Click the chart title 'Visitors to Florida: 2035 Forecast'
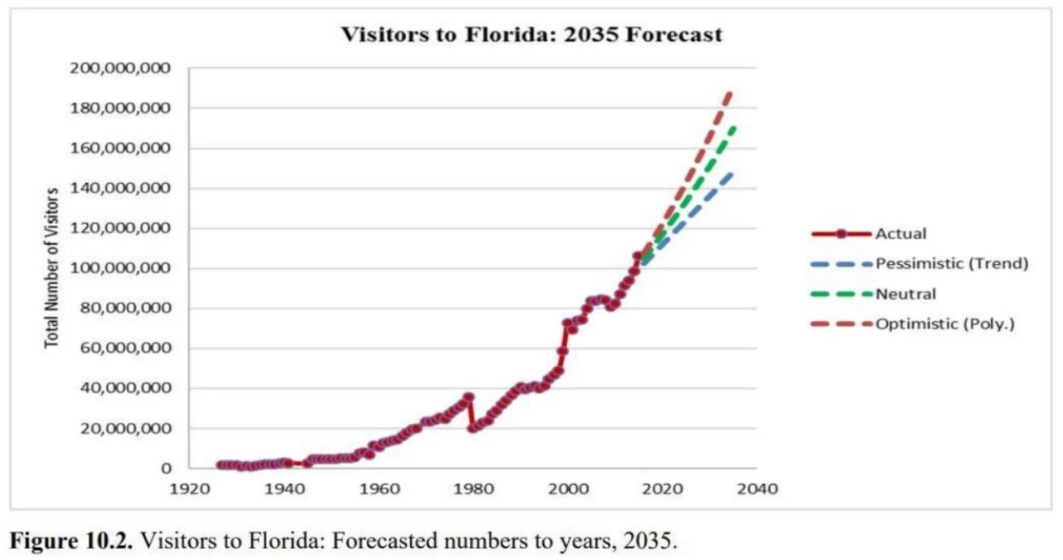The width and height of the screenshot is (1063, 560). [531, 36]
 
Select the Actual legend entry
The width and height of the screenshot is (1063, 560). [900, 233]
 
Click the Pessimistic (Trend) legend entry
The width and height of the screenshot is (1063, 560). [951, 263]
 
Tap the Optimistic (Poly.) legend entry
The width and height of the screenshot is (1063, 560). [945, 323]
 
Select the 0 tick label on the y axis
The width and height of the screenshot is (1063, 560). [166, 468]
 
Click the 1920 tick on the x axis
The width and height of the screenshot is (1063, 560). [190, 489]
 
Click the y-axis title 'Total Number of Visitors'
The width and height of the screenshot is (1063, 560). [52, 267]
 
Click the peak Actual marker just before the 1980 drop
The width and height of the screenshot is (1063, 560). [468, 397]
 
